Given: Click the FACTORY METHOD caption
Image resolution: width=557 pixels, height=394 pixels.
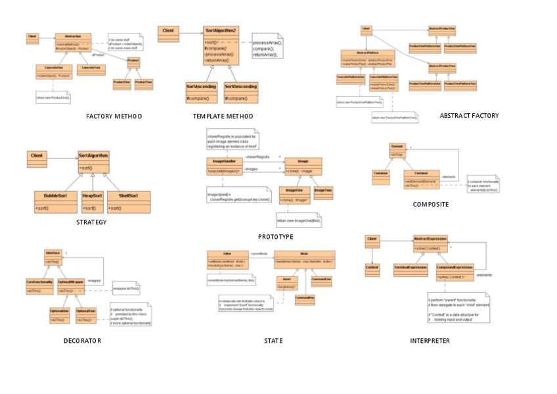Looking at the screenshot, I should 114,116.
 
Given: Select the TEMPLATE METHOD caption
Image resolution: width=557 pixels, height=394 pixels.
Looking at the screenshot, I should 223,116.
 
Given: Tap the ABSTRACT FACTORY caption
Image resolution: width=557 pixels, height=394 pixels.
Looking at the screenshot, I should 469,116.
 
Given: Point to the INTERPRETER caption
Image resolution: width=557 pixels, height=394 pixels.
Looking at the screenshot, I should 430,341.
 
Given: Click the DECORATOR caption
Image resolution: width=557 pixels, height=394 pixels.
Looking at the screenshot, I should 82,341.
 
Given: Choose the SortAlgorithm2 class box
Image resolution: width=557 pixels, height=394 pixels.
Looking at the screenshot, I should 221,45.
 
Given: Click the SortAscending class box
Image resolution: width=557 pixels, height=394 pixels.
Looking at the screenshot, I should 202,92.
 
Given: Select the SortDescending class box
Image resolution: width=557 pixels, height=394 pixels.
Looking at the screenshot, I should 240,92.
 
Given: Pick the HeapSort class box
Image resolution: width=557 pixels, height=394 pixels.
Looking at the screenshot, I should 93,201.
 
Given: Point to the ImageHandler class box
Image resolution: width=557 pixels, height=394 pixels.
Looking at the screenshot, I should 224,166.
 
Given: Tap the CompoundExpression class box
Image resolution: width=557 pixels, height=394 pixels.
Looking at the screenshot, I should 455,271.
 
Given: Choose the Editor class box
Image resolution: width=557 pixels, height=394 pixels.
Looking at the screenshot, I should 227,259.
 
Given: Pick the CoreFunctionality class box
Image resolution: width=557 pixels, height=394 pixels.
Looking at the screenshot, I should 39,285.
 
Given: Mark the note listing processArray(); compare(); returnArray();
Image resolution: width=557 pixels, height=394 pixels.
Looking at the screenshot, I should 267,49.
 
